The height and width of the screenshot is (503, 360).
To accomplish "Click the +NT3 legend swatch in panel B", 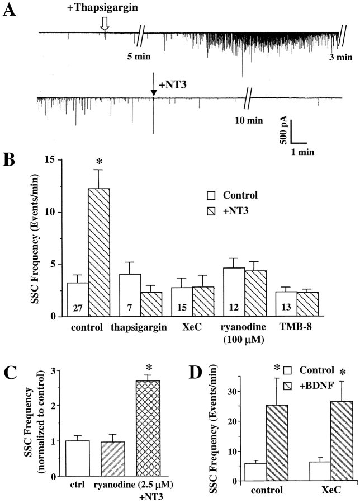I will point(211,211).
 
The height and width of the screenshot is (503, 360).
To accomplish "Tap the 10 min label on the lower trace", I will point(247,119).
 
